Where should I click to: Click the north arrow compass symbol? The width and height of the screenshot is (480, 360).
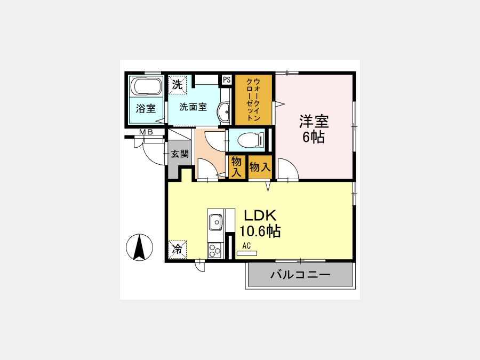pos(139,247)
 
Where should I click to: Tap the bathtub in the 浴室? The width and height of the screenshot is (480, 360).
pos(146,86)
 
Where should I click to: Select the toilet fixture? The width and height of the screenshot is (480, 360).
pos(251,140)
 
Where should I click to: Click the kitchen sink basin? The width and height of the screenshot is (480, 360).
pos(216,222)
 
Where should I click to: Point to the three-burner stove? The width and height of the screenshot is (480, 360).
pos(214,250)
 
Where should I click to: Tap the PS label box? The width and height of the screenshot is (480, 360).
pos(227,80)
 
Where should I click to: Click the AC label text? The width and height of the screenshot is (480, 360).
pos(246,245)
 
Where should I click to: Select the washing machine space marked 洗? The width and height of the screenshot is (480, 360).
pos(177,84)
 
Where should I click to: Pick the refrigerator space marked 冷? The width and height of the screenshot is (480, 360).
pos(178,250)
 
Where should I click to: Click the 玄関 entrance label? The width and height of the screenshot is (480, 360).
pos(179,154)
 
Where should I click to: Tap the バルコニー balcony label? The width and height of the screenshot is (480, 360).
pos(300,274)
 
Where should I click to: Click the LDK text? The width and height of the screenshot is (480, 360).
pos(260,215)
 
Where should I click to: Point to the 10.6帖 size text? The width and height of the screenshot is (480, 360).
pos(260,231)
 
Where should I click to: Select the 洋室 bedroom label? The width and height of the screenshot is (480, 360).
pos(314,122)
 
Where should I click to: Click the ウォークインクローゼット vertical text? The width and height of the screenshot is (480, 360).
pos(253,100)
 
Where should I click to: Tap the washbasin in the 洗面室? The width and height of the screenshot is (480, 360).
pos(224,113)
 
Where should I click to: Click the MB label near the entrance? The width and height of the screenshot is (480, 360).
pos(146,132)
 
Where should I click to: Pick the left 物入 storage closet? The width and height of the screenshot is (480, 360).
pos(236,167)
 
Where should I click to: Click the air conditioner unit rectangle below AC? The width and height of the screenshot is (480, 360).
pos(247,253)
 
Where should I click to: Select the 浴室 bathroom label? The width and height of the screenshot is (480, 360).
pos(146,108)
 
